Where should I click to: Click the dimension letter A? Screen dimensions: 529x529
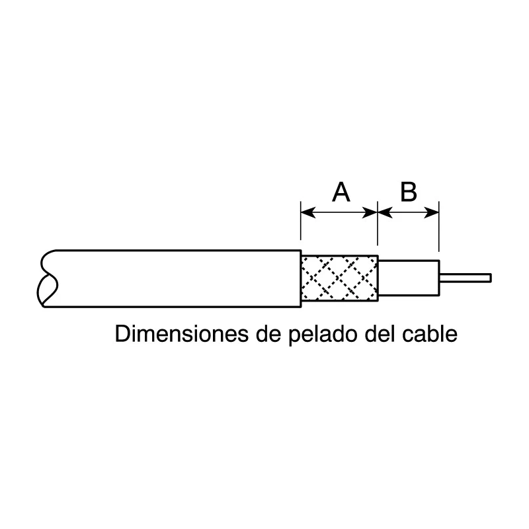[x=341, y=192]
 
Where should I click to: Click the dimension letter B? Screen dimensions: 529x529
[x=409, y=192]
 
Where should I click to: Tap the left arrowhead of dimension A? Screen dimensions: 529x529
[x=308, y=213]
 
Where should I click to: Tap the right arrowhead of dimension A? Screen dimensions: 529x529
[x=370, y=213]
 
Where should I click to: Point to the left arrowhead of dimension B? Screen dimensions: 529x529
[x=386, y=213]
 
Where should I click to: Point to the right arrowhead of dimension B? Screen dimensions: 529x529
[x=431, y=213]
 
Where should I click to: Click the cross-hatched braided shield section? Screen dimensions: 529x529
[x=339, y=278]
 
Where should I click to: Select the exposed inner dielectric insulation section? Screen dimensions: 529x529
[x=409, y=278]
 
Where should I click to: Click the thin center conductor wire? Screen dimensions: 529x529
[x=466, y=278]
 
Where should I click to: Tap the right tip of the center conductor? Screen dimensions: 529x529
[x=491, y=278]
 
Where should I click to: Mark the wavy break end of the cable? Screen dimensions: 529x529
[x=47, y=278]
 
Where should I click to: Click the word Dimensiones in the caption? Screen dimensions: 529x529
[x=182, y=334]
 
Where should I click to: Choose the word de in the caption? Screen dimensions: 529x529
[x=268, y=334]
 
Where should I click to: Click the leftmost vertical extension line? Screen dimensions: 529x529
[x=301, y=221]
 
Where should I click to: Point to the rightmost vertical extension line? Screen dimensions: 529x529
[x=439, y=226]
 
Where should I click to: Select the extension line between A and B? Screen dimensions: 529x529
[x=378, y=224]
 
